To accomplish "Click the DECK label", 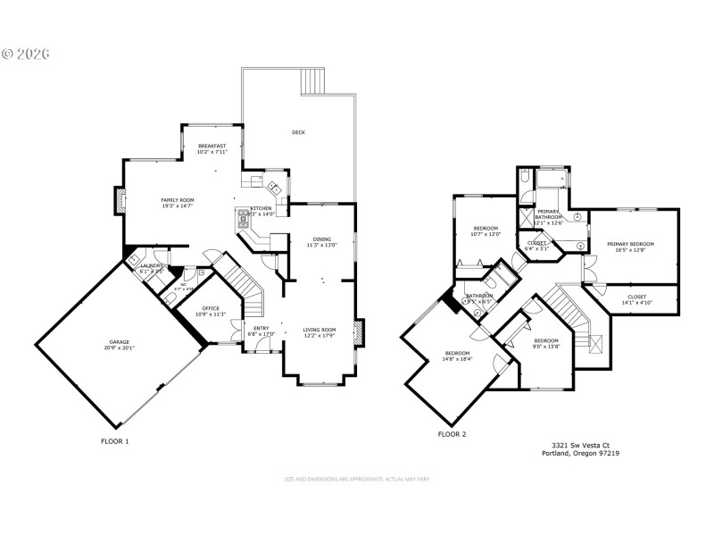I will pyautogui.click(x=298, y=133).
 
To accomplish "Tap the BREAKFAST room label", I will pyautogui.click(x=212, y=146).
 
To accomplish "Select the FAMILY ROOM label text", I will pyautogui.click(x=177, y=200).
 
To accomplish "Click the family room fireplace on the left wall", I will pyautogui.click(x=117, y=200).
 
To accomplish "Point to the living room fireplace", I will pyautogui.click(x=359, y=332).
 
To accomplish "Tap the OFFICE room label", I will pyautogui.click(x=211, y=308).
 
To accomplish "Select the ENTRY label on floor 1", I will pyautogui.click(x=262, y=329).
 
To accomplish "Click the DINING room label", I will pyautogui.click(x=322, y=239).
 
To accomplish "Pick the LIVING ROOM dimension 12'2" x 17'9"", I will pyautogui.click(x=319, y=336).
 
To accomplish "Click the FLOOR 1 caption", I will pyautogui.click(x=114, y=441).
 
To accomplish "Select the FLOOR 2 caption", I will pyautogui.click(x=452, y=434).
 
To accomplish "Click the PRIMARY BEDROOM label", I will pyautogui.click(x=630, y=244).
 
